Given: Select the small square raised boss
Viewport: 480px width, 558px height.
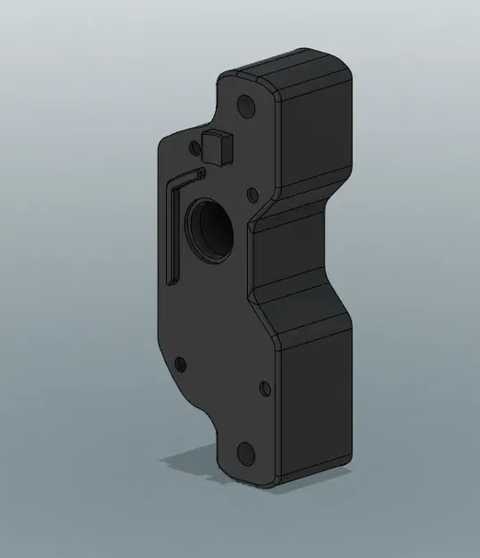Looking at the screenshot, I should [218, 146].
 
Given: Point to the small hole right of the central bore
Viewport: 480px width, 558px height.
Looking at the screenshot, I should [252, 192].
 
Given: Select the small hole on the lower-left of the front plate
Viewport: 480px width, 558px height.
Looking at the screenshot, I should [181, 364].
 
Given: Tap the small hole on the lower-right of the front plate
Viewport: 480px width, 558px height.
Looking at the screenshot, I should [263, 387].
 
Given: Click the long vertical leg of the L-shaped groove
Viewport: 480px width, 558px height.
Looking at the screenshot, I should [173, 228].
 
